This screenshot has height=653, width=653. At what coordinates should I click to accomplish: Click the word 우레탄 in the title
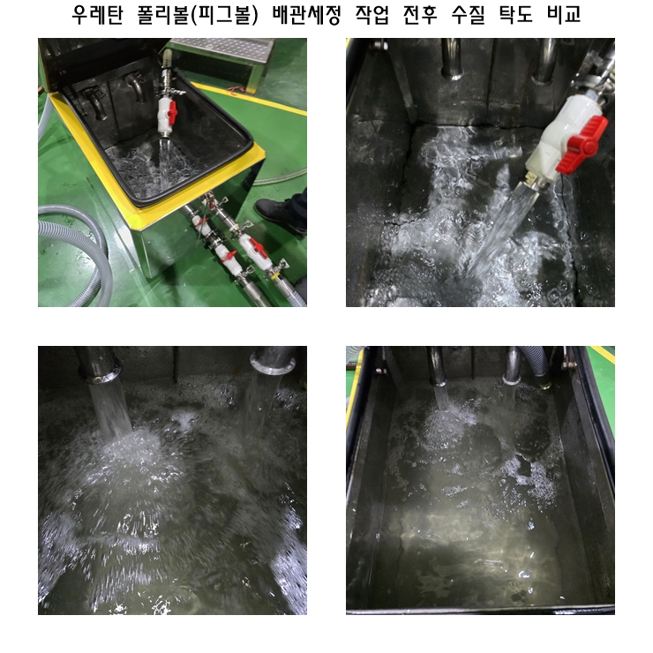pyautogui.click(x=97, y=15)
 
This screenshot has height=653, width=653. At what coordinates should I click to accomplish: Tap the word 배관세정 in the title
pyautogui.click(x=306, y=15)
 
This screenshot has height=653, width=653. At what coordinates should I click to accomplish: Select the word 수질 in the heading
pyautogui.click(x=468, y=15)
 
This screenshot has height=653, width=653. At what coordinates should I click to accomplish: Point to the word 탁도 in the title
pyautogui.click(x=516, y=15)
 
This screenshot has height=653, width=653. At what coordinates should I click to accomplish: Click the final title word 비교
pyautogui.click(x=564, y=15)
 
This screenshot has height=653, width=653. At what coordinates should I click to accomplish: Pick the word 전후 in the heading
pyautogui.click(x=420, y=15)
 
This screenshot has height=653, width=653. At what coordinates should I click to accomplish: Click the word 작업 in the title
pyautogui.click(x=372, y=15)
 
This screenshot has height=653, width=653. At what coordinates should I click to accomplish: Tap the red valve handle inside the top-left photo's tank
pyautogui.click(x=172, y=111)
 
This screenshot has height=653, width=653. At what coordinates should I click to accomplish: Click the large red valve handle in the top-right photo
pyautogui.click(x=582, y=144)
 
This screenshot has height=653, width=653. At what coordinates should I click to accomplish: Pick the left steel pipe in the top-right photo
pyautogui.click(x=453, y=58)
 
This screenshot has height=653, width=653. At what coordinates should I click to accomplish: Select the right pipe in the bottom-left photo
pyautogui.click(x=274, y=359)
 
